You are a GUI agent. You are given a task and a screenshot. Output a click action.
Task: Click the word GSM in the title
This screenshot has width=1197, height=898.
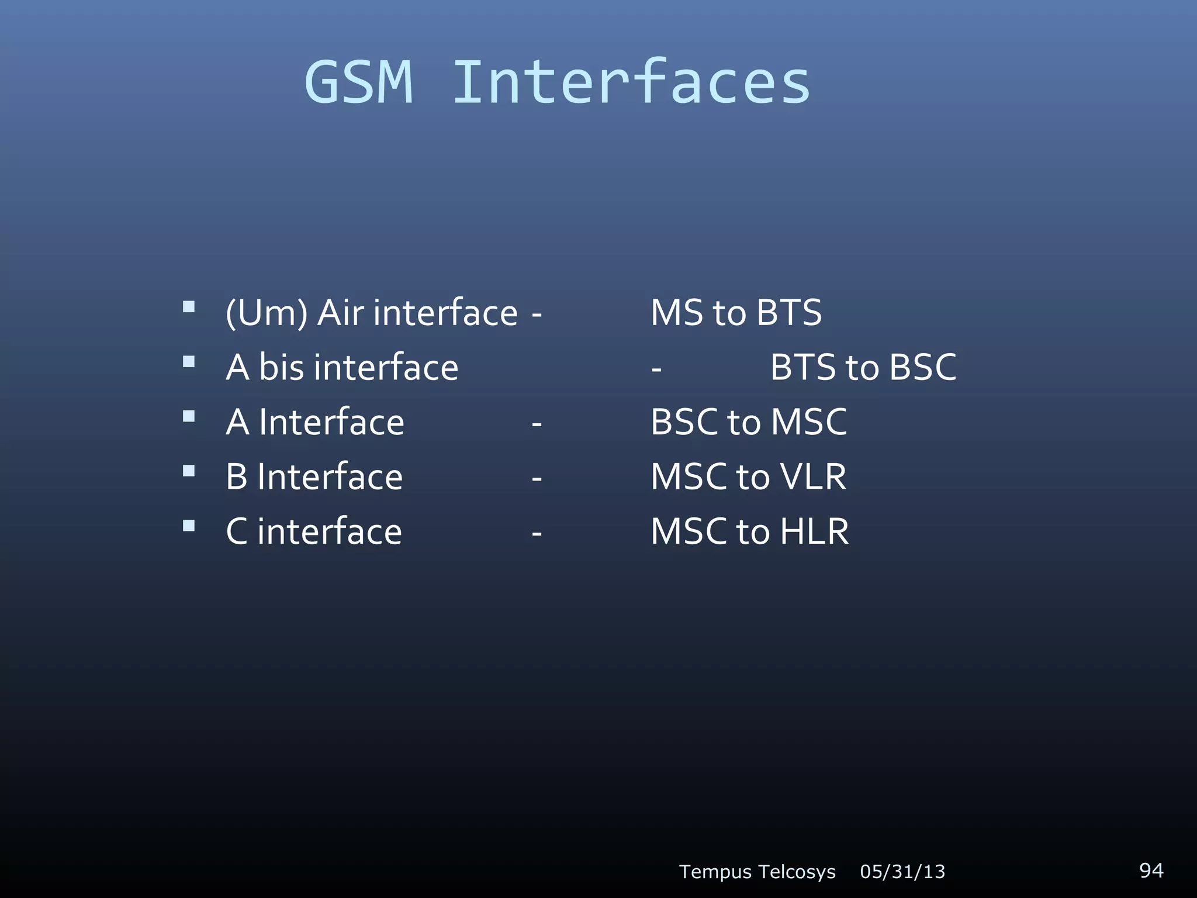(359, 83)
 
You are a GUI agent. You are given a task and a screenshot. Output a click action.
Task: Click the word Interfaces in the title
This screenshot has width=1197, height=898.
(631, 83)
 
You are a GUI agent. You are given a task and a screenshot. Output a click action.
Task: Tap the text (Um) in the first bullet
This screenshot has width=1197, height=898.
(267, 313)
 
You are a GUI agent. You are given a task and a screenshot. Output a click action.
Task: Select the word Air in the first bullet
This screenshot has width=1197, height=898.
(341, 313)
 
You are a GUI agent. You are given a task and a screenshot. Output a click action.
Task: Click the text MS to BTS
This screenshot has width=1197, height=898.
(736, 313)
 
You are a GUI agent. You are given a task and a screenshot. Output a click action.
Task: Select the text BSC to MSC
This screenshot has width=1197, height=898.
(748, 422)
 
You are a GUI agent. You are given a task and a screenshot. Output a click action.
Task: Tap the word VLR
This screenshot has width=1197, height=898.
(813, 477)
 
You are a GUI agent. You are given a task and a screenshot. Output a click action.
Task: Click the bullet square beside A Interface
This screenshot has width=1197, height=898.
(189, 416)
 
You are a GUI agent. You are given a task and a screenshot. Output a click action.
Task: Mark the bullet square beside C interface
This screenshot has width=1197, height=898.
(189, 526)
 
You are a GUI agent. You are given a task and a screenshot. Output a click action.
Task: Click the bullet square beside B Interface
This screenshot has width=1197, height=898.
(189, 471)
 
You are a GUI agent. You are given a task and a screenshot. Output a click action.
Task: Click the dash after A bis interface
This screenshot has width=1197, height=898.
(656, 370)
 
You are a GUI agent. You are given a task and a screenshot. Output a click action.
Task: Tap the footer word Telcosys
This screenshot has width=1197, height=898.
(798, 872)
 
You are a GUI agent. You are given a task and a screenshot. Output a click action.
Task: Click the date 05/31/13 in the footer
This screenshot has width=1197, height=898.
(902, 872)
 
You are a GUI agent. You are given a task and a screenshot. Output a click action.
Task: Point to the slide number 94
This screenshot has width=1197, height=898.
(1151, 870)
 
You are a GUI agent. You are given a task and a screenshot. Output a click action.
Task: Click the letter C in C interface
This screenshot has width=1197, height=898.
(237, 531)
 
